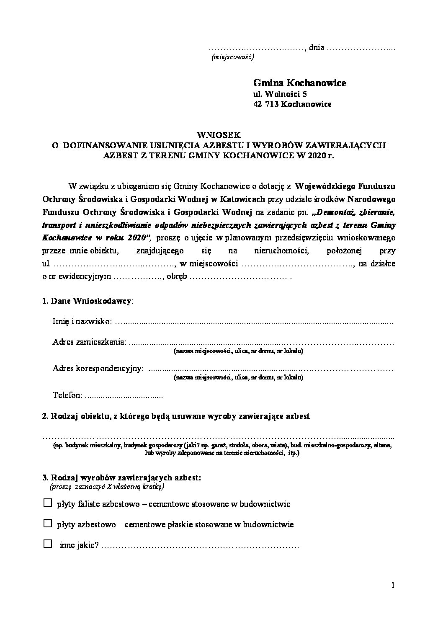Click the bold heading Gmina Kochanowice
pyautogui.click(x=299, y=83)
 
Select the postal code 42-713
pyautogui.click(x=266, y=104)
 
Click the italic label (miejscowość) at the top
pyautogui.click(x=233, y=57)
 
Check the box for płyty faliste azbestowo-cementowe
pyautogui.click(x=48, y=503)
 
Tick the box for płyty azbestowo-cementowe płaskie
pyautogui.click(x=48, y=523)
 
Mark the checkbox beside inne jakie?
pyautogui.click(x=48, y=544)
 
